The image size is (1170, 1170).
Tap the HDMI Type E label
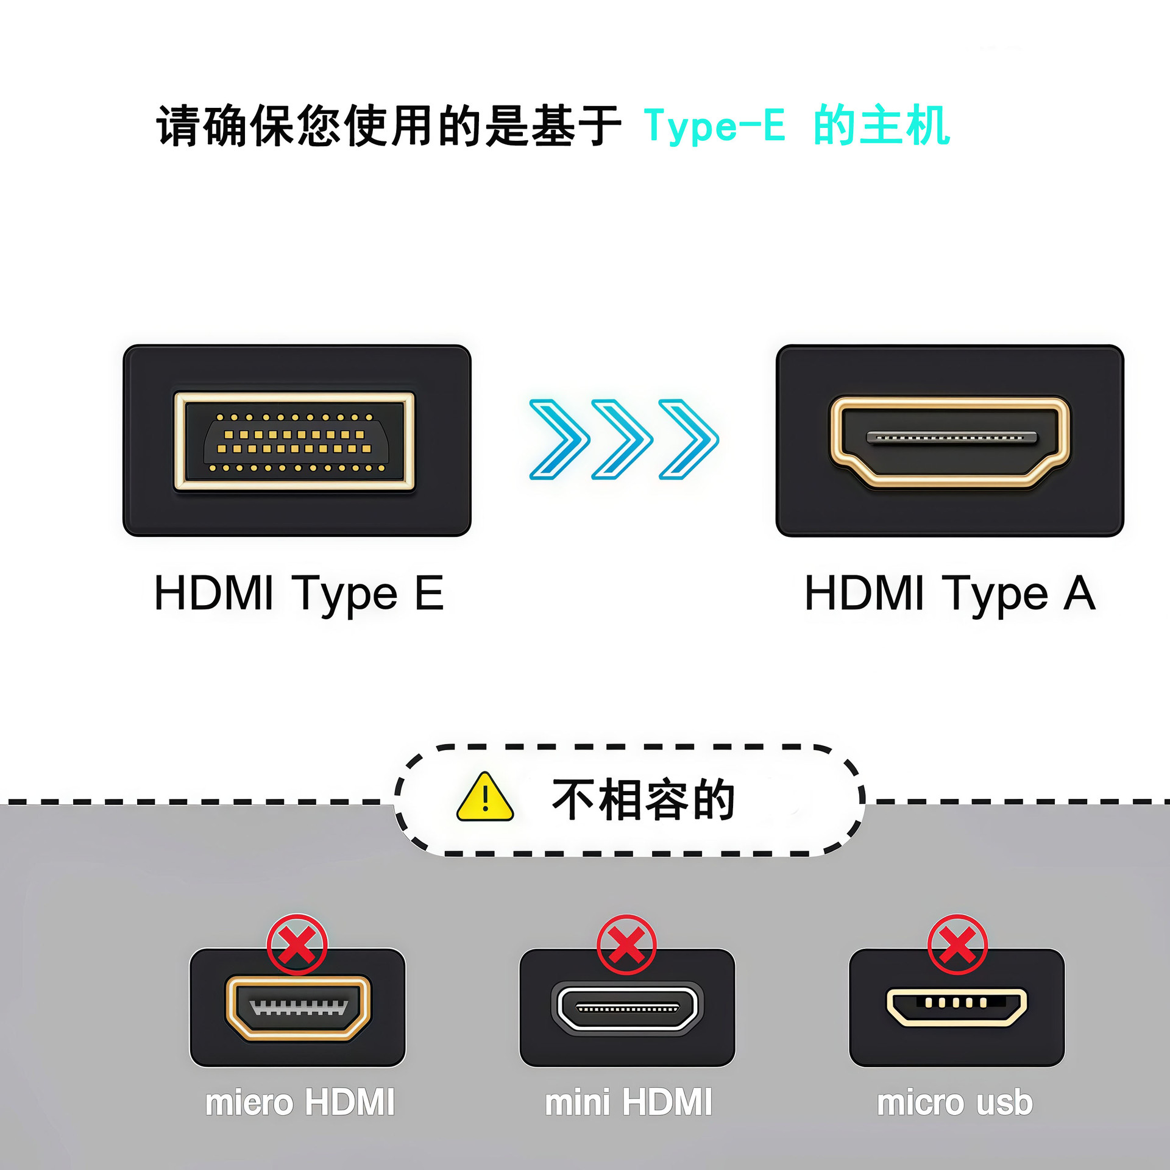point(299,593)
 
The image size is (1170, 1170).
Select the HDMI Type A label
point(949,593)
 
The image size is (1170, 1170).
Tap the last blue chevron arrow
point(689,439)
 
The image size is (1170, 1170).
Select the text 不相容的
point(643,800)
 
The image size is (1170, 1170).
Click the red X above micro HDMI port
point(297,944)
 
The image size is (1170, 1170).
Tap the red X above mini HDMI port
point(626,944)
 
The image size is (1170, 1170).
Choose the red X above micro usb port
point(957,944)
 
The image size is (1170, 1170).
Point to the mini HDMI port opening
point(627,1009)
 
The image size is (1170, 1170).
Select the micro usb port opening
point(956,1006)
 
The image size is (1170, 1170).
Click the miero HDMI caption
point(300,1102)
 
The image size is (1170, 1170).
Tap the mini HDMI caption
point(628,1102)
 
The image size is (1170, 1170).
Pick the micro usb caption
point(955,1102)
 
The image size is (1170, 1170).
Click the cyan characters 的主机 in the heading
point(882,126)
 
